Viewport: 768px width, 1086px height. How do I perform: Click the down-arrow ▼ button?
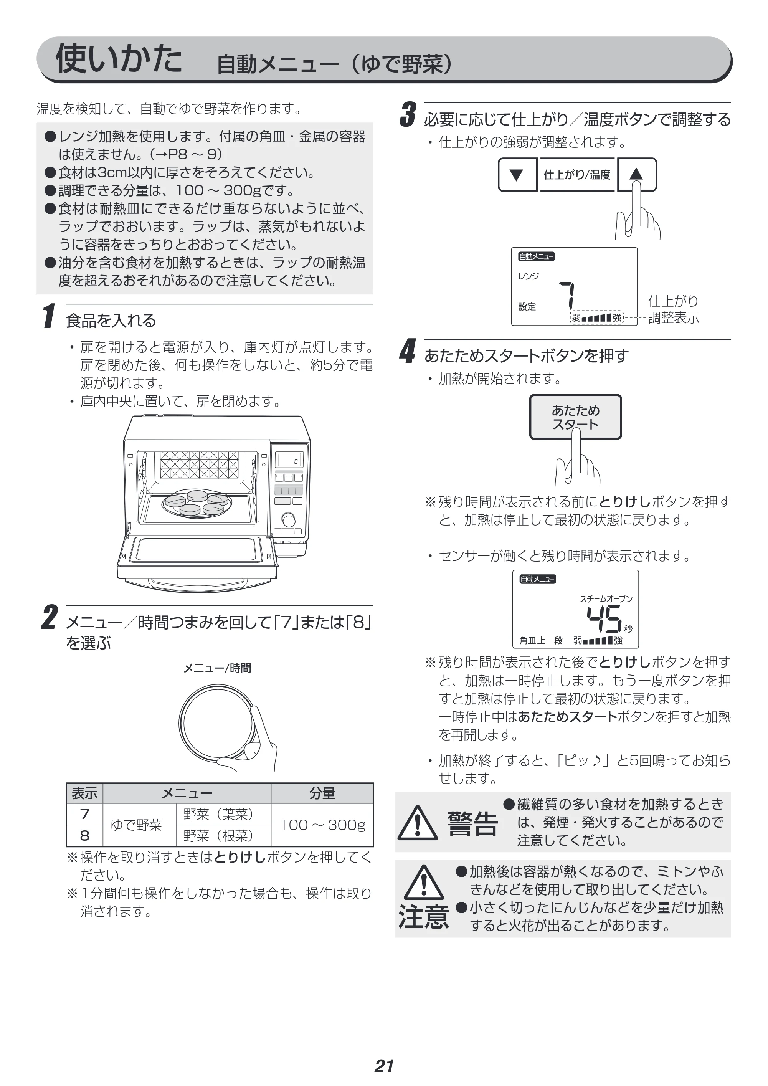[517, 175]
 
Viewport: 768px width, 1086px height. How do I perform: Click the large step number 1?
[49, 316]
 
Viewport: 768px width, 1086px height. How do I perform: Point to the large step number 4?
[407, 351]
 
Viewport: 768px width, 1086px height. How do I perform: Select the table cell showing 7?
[85, 814]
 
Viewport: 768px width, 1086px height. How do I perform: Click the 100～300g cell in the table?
[322, 825]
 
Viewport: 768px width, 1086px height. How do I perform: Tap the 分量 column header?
[322, 793]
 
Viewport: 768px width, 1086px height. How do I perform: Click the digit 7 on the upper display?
[568, 296]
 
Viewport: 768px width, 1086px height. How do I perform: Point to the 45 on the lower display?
[604, 619]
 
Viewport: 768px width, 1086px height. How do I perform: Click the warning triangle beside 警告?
[418, 823]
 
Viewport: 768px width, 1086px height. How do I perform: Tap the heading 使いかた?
[119, 58]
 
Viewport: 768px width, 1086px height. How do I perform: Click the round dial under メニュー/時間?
[218, 723]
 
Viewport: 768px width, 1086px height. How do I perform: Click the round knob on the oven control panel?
[288, 520]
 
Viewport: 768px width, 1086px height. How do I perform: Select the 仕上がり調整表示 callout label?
[674, 309]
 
